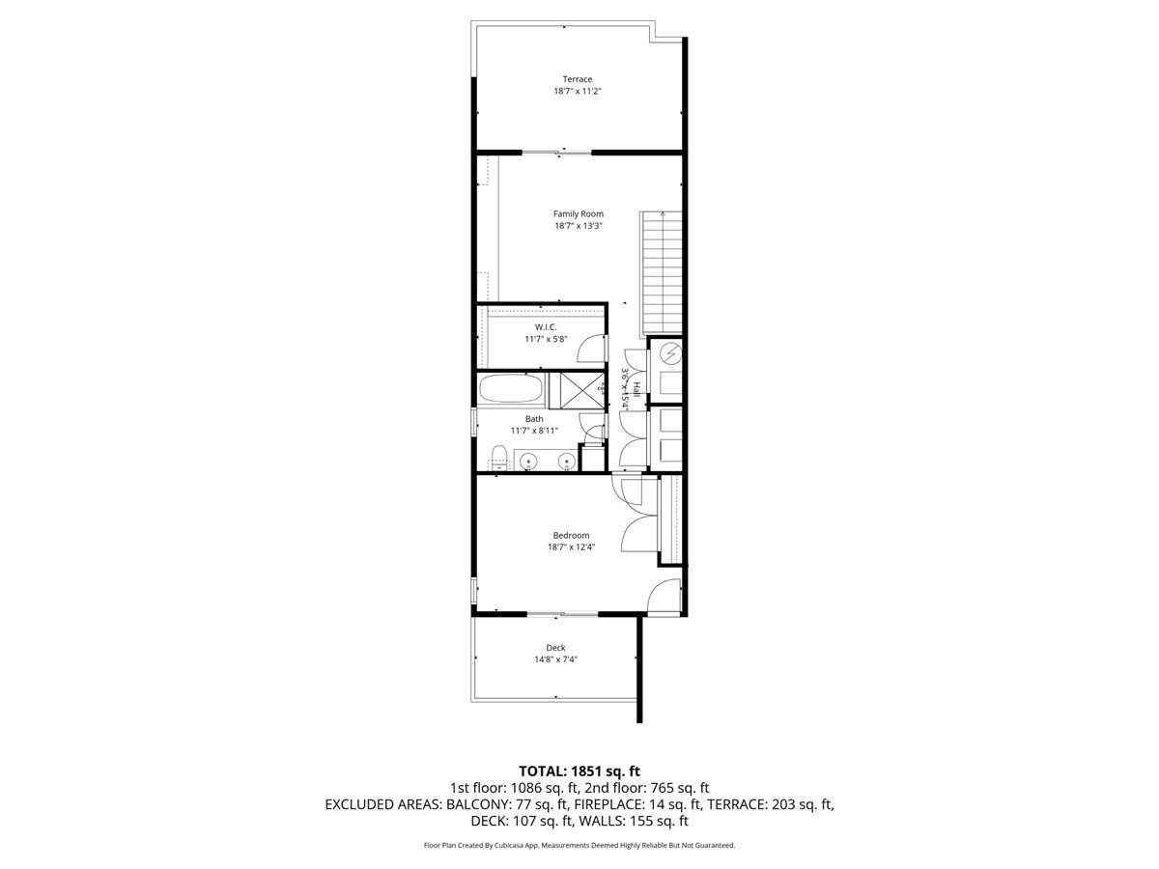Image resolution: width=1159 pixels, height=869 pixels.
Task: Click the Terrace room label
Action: point(578,79)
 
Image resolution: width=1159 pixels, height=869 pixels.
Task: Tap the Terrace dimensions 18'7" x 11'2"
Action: point(578,92)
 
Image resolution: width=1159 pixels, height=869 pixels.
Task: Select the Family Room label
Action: point(578,213)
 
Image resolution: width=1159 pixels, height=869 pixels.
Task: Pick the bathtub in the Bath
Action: point(511,391)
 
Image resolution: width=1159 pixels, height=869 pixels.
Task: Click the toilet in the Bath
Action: point(497,457)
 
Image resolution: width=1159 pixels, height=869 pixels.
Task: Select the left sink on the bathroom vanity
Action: point(529,462)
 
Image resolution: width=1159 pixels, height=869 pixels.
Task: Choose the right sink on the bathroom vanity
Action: point(566,462)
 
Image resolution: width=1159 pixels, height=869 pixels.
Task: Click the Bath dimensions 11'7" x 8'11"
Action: point(534,432)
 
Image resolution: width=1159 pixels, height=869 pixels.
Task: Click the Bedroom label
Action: point(571,535)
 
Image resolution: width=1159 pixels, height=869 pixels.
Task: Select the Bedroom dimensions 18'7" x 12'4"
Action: point(571,547)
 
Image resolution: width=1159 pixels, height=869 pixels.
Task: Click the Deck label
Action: point(555,647)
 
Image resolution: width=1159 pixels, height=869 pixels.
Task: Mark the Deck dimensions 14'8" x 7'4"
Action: point(555,659)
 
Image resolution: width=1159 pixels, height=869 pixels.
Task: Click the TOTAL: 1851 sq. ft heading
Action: point(579,771)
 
